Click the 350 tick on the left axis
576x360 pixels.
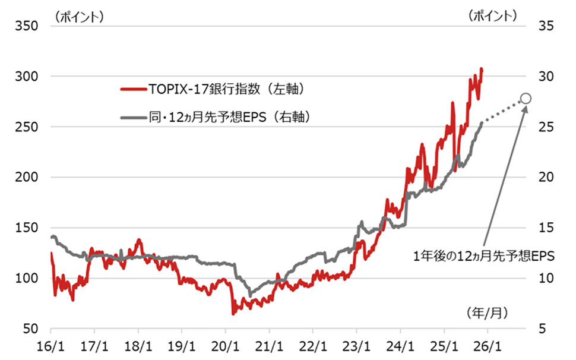pyautogui.click(x=28, y=26)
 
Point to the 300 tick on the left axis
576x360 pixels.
pyautogui.click(x=28, y=77)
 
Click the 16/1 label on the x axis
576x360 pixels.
pyautogui.click(x=51, y=346)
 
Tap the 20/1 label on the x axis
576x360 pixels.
pyautogui.click(x=226, y=346)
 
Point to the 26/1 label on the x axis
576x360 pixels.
pyautogui.click(x=488, y=346)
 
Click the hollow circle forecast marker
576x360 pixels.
pyautogui.click(x=526, y=99)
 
